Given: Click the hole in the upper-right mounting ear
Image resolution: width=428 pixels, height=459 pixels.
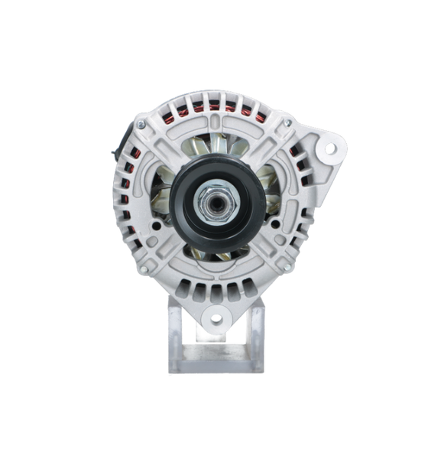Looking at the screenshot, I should [329, 148].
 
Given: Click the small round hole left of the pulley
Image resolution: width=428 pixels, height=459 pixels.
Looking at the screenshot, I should [156, 226].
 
